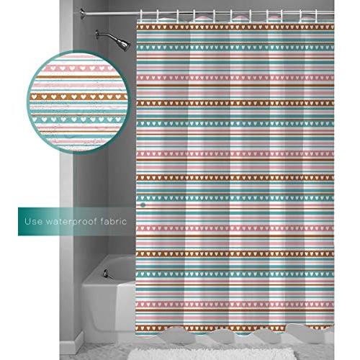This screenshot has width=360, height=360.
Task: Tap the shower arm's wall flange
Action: pyautogui.click(x=97, y=35)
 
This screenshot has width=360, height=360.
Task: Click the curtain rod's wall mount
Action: pyautogui.click(x=83, y=13)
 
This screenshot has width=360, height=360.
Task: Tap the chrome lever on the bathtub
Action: pyautogui.click(x=107, y=274)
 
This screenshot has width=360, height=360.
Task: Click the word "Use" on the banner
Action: pyautogui.click(x=34, y=221)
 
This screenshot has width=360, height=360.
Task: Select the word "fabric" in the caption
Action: pyautogui.click(x=114, y=221)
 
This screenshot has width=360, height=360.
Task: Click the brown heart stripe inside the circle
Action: pyautogui.click(x=78, y=96)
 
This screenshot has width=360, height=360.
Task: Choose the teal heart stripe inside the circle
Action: pyautogui.click(x=78, y=119)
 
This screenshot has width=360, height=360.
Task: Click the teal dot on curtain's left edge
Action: pyautogui.click(x=143, y=204)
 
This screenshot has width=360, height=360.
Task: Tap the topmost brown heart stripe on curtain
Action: pyautogui.click(x=235, y=27)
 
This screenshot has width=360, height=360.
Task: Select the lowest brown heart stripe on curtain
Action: pyautogui.click(x=235, y=327)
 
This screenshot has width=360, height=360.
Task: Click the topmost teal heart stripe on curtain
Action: pyautogui.click(x=235, y=48)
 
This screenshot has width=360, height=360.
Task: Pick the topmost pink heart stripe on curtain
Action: pyautogui.click(x=235, y=78)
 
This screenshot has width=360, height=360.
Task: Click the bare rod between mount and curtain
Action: pyautogui.click(x=112, y=13)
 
